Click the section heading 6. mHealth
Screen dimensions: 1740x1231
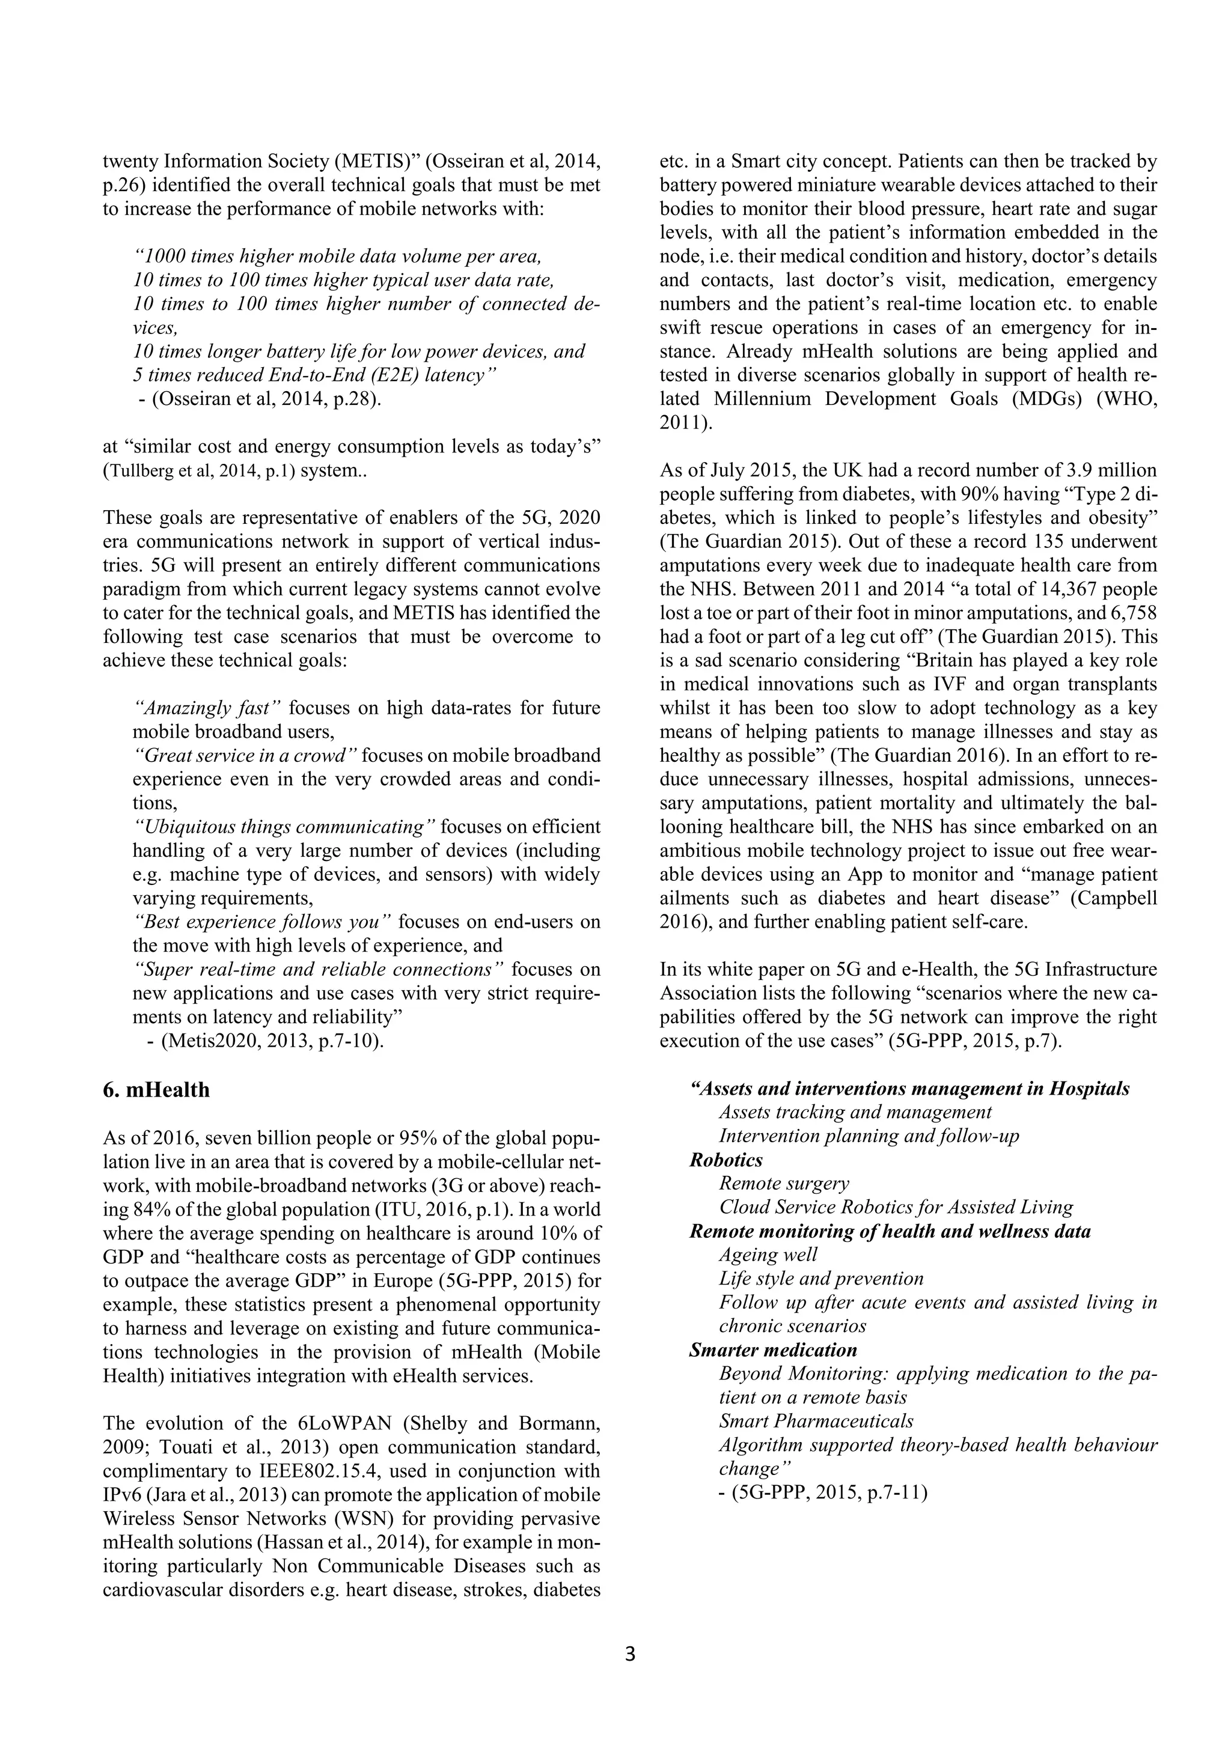[x=156, y=1090]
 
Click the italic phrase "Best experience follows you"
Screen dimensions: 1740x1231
[x=261, y=922]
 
